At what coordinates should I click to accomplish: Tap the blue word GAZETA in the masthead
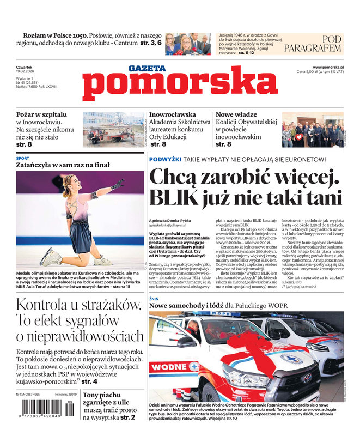[x=147, y=69]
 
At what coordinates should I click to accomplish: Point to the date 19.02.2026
[x=26, y=71]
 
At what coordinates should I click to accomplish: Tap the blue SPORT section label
[x=23, y=158]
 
